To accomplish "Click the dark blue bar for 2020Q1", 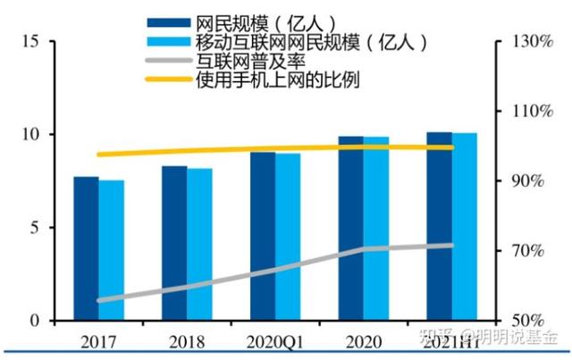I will pos(262,236).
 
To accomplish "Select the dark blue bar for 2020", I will pos(350,229).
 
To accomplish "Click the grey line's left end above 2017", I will pos(99,300).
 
